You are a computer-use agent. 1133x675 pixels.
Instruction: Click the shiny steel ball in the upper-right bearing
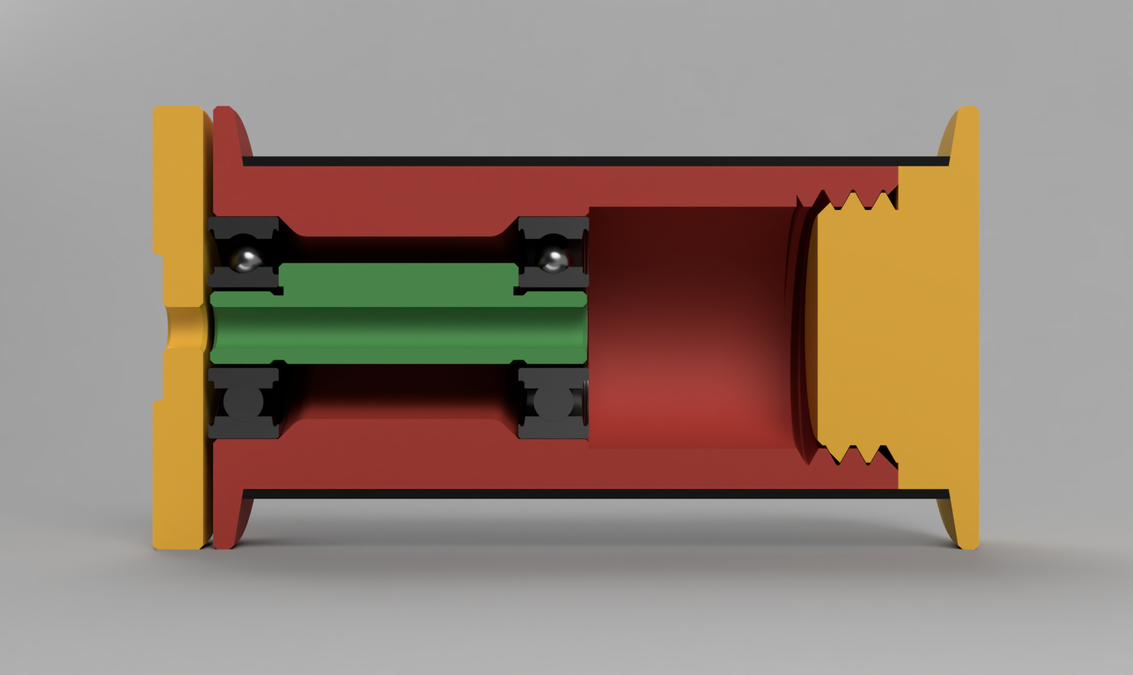click(x=553, y=259)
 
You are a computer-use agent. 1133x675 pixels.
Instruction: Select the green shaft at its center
click(x=399, y=328)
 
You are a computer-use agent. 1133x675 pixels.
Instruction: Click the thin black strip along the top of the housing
click(x=579, y=161)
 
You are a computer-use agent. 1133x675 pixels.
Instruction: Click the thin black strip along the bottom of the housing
click(x=579, y=494)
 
